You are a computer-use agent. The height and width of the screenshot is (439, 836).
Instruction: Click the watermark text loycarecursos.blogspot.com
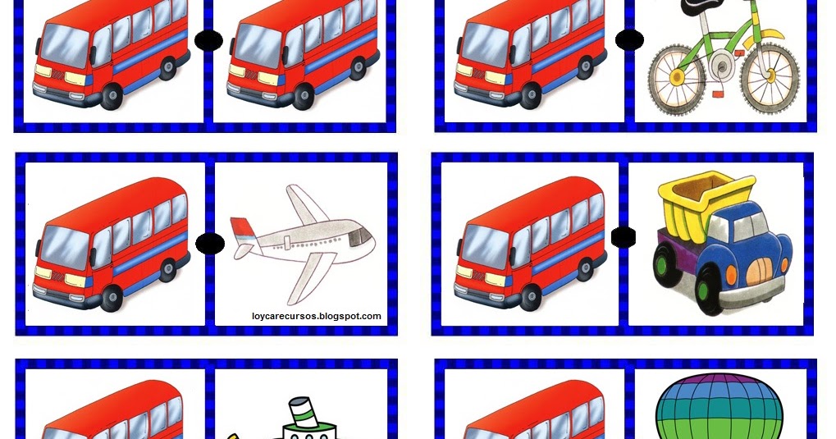pyautogui.click(x=317, y=316)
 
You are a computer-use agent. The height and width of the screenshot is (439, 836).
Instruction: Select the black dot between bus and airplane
pyautogui.click(x=210, y=243)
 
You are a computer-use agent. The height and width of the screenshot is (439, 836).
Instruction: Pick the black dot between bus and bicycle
pyautogui.click(x=629, y=39)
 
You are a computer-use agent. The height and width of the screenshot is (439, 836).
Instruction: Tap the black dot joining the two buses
pyautogui.click(x=209, y=40)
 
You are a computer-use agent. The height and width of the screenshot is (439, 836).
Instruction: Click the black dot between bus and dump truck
pyautogui.click(x=624, y=237)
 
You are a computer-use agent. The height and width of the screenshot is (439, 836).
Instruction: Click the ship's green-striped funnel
pyautogui.click(x=304, y=412)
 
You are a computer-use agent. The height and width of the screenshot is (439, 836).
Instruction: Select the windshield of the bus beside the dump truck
pyautogui.click(x=484, y=245)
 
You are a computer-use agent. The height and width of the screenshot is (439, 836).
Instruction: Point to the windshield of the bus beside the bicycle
pyautogui.click(x=484, y=43)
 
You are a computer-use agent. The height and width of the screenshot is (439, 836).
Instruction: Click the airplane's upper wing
pyautogui.click(x=304, y=203)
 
